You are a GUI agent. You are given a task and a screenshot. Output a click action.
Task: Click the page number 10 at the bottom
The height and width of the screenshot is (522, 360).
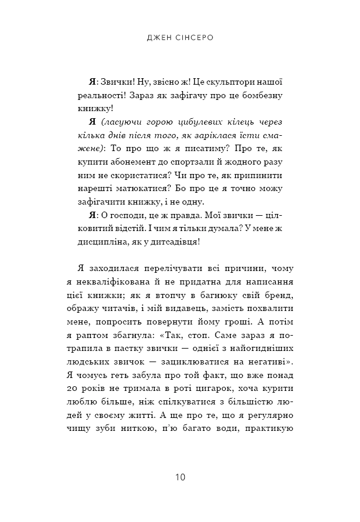(180, 477)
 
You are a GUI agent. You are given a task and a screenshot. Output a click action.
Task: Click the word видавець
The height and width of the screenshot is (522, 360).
(205, 309)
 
